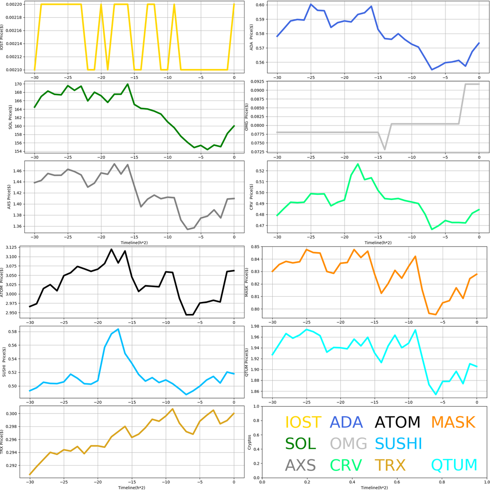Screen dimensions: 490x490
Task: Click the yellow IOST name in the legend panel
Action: pyautogui.click(x=303, y=422)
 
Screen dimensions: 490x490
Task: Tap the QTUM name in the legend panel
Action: pyautogui.click(x=454, y=465)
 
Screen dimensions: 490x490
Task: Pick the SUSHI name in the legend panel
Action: pyautogui.click(x=398, y=444)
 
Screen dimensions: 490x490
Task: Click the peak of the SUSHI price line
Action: pyautogui.click(x=118, y=329)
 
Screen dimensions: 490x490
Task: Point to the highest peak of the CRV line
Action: pyautogui.click(x=358, y=164)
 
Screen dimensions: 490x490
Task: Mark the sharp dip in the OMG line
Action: pyautogui.click(x=385, y=150)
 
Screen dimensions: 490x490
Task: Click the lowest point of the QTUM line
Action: pyautogui.click(x=436, y=394)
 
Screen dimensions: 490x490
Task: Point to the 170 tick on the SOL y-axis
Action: pyautogui.click(x=18, y=84)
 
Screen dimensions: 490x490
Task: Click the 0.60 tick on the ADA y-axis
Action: pyautogui.click(x=257, y=5)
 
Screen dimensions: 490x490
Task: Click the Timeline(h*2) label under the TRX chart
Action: pyautogui.click(x=133, y=487)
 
